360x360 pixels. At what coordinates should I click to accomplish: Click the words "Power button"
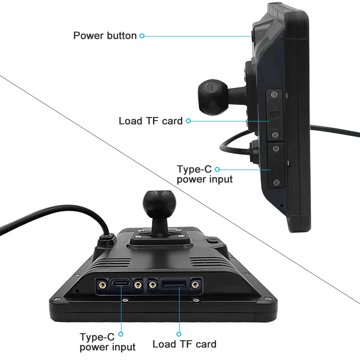(105, 36)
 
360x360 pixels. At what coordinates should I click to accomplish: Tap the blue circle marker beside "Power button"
(142, 36)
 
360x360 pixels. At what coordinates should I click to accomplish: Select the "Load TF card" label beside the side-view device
(151, 121)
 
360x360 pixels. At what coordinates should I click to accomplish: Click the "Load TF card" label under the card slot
(184, 344)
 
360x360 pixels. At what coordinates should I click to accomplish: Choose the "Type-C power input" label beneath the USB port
(108, 342)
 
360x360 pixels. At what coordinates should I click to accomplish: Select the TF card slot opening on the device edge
(173, 284)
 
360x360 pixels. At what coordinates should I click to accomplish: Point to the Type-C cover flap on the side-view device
(275, 165)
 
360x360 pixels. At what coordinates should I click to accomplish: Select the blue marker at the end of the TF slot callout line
(179, 334)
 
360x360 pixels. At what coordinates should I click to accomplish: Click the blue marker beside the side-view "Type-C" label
(217, 169)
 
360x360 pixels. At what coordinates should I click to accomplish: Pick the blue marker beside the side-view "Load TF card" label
(189, 121)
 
